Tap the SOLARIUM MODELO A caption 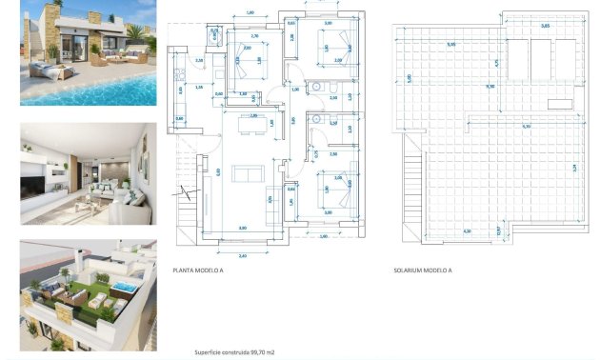pos(422,270)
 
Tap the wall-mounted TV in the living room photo pos(38,178)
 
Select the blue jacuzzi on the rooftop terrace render pos(123,287)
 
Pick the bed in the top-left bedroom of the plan pos(249,65)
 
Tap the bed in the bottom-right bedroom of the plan pos(334,190)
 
